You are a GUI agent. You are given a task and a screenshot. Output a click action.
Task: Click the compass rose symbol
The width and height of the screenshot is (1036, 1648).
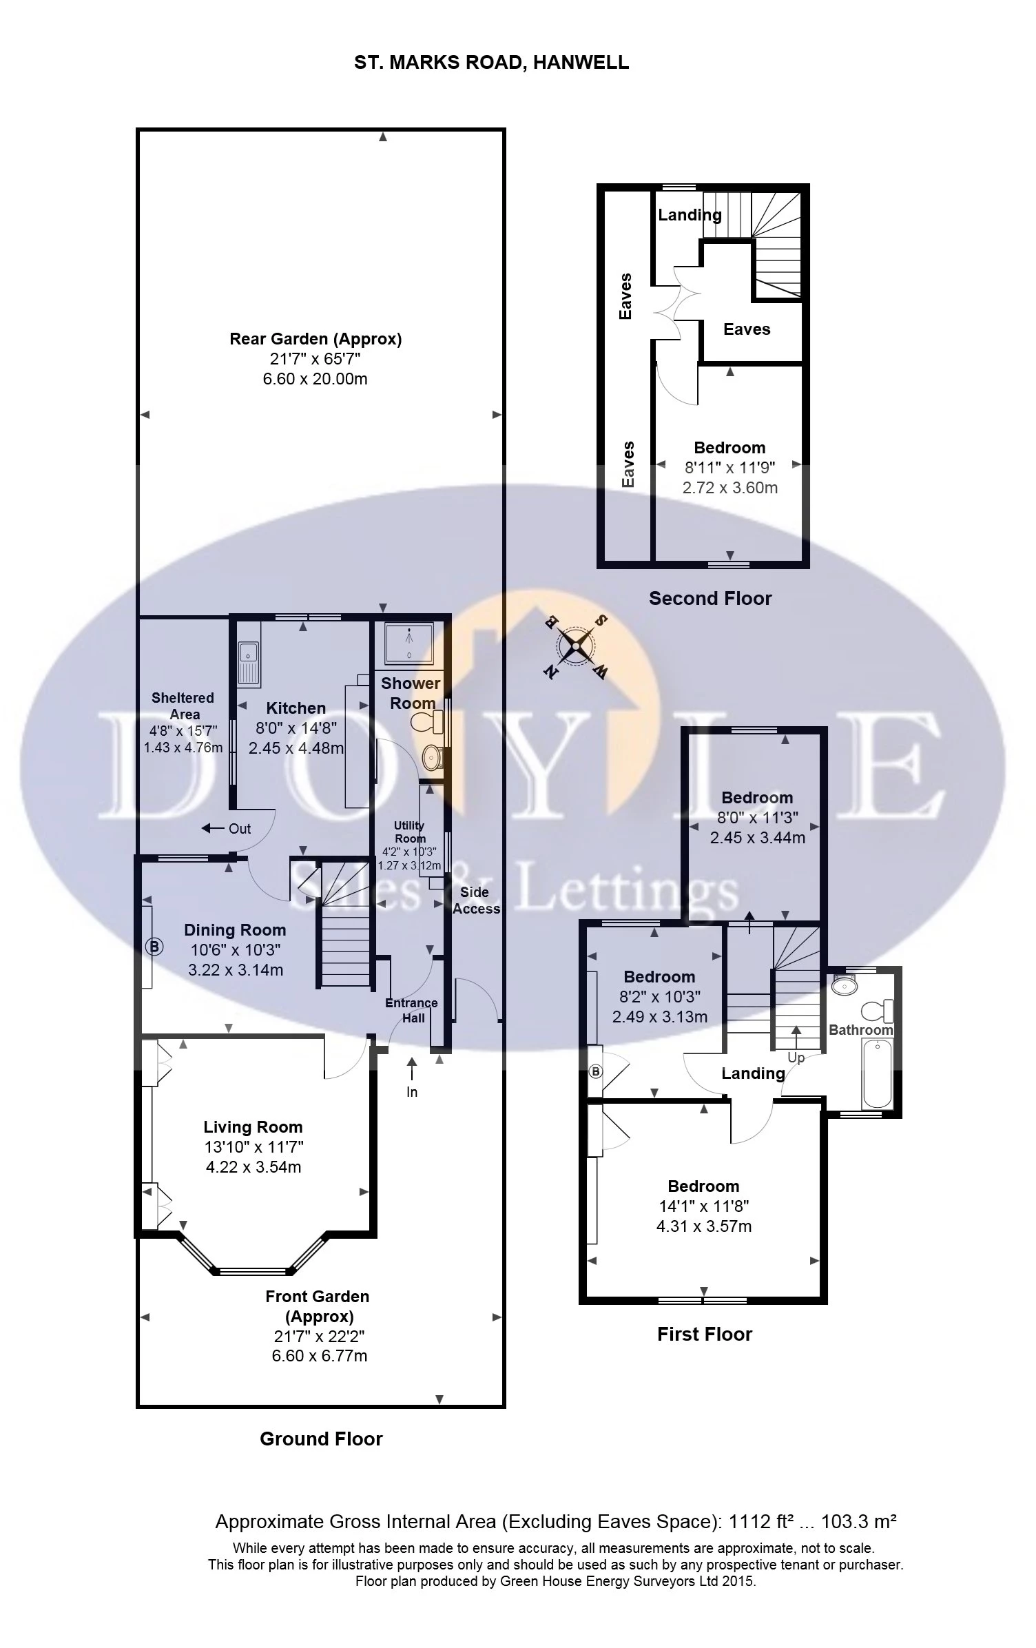point(577,647)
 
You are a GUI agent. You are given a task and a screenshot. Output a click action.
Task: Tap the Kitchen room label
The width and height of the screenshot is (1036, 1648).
point(296,708)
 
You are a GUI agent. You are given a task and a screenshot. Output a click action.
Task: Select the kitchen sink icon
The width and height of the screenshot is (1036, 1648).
point(247,662)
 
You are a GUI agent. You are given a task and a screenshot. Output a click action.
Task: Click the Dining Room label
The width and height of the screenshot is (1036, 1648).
point(235,930)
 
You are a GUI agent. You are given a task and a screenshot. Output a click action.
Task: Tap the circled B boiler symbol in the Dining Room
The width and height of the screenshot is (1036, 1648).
point(154,947)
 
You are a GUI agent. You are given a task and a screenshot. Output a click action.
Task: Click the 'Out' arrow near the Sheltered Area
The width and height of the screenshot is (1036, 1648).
point(227,828)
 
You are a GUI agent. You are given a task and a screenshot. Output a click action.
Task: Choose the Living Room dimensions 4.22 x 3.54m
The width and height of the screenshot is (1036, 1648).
point(253,1167)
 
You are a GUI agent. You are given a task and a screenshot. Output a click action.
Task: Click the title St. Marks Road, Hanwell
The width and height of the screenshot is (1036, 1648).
point(491,63)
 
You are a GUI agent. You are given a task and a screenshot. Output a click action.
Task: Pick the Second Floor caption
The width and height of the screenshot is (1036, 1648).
point(710,598)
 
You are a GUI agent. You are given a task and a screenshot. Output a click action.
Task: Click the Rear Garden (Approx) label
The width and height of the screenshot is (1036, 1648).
point(315,339)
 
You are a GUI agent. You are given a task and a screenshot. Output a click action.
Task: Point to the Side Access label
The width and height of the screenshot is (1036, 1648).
point(475,900)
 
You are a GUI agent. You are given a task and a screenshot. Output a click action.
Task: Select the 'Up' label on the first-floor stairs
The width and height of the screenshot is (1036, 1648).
point(796,1057)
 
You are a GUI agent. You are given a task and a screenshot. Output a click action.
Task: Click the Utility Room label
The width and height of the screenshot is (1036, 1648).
point(409,832)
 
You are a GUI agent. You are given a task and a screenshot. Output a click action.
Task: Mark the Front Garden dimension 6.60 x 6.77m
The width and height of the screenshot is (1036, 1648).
point(317,1356)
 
